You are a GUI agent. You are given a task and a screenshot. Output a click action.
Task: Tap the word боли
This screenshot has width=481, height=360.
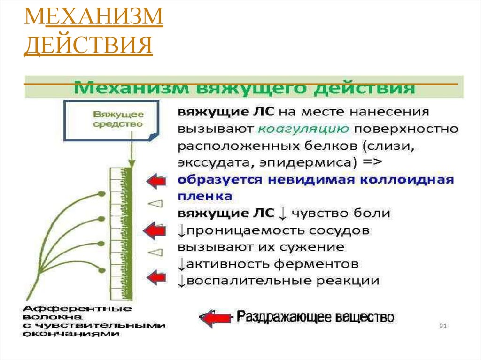pyautogui.click(x=373, y=213)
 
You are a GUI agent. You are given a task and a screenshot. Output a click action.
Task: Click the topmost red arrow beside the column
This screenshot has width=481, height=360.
pyautogui.click(x=155, y=181)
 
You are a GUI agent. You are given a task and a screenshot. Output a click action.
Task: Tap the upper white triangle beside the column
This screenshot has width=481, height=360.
pyautogui.click(x=155, y=203)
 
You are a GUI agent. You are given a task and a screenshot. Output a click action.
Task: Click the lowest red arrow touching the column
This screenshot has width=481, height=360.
pyautogui.click(x=155, y=277)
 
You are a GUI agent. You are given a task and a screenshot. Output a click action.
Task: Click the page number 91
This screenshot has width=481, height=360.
pyautogui.click(x=442, y=325)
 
